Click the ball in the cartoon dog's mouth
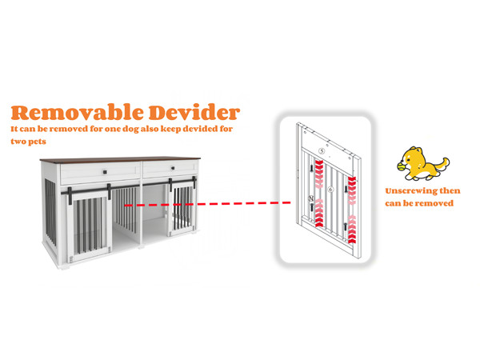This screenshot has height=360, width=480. (402, 168)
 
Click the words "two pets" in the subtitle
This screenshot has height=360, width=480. (28, 142)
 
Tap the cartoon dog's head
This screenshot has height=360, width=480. (414, 158)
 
